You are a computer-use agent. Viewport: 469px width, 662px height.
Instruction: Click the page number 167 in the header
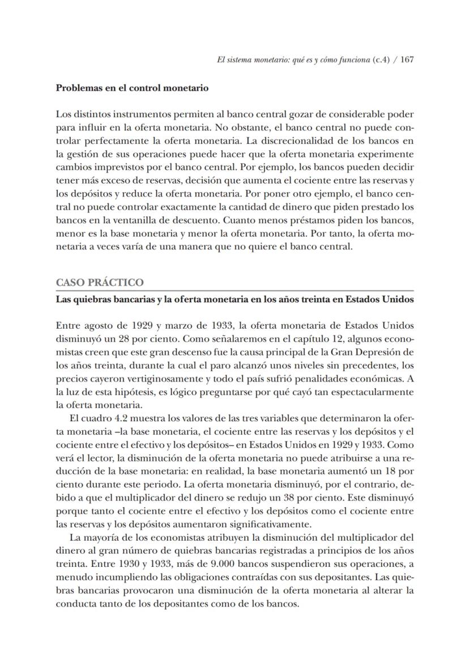(407, 60)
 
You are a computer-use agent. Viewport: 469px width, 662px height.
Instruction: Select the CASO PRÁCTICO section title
(100, 282)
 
